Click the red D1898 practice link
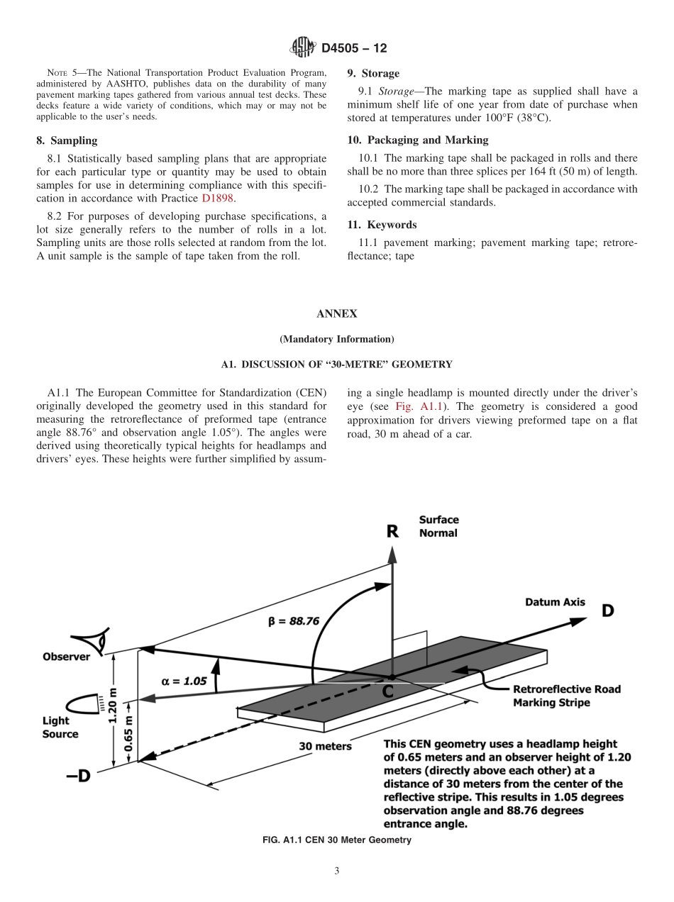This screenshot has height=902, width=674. (218, 198)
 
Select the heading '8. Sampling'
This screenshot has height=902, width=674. (67, 140)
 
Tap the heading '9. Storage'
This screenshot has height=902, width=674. (373, 73)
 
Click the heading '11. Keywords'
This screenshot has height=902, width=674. (382, 225)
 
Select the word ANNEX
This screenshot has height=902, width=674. (337, 313)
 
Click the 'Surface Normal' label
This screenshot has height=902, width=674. (438, 526)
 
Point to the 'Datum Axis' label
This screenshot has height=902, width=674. (555, 602)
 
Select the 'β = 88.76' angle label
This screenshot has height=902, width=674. (293, 620)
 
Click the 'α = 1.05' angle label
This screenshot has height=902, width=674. (184, 681)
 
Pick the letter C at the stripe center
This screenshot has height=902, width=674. (388, 691)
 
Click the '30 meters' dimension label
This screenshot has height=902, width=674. (325, 746)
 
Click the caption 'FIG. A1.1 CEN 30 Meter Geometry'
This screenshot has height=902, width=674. (337, 840)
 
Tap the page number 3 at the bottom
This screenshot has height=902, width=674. (337, 872)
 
